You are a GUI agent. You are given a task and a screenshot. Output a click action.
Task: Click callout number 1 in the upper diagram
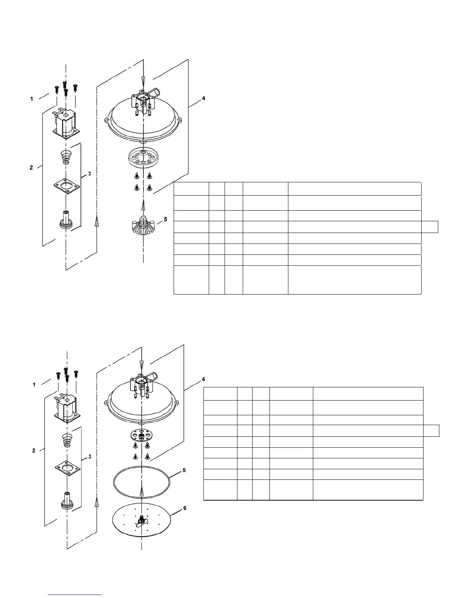click(32, 99)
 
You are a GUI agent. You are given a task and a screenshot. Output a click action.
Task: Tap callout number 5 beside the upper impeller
click(165, 219)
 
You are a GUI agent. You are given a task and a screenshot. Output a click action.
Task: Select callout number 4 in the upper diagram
click(203, 98)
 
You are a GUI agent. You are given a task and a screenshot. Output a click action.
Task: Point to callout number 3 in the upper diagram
click(89, 174)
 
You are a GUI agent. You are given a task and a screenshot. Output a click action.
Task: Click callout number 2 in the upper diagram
click(31, 168)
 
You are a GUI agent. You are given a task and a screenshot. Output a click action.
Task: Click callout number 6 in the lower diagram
click(185, 508)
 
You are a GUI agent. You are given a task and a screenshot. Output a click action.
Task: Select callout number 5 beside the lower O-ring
click(184, 470)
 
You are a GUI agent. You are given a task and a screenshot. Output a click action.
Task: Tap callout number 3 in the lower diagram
click(89, 457)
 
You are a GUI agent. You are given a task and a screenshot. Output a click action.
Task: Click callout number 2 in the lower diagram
click(34, 450)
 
